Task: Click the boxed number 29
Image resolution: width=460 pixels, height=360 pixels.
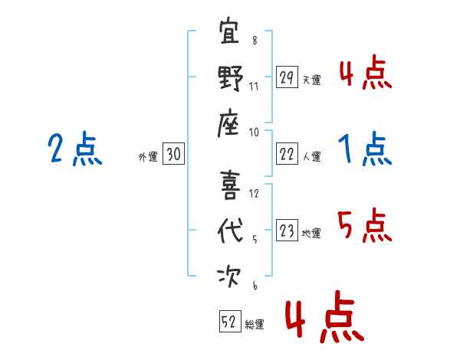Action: pos(286,77)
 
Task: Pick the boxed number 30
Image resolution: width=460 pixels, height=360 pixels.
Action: pos(173,155)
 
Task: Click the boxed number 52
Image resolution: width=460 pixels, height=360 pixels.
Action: pos(229,322)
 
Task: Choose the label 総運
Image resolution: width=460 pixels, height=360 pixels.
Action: pos(255,324)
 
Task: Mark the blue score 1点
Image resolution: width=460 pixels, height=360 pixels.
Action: pos(366,149)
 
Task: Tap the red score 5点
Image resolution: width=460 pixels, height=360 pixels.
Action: pos(366,225)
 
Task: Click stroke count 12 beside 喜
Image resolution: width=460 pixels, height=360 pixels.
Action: pos(255,193)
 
